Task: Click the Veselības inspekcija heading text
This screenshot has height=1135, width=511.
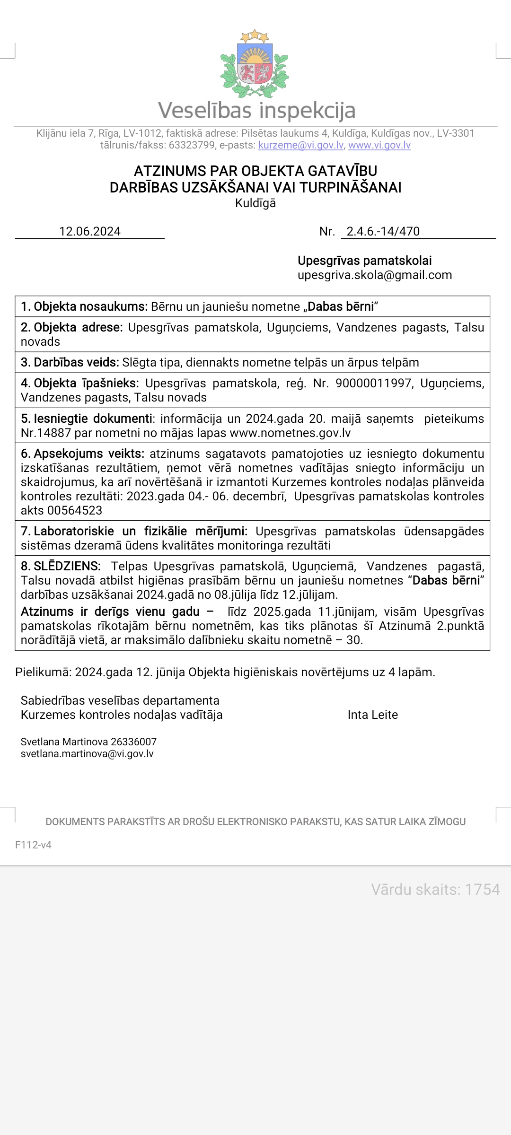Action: (256, 110)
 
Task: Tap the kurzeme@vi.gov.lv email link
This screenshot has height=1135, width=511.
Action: (300, 145)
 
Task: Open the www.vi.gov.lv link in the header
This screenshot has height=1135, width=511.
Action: (379, 145)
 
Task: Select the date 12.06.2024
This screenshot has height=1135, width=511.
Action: (90, 231)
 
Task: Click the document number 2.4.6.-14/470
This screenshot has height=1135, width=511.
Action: (383, 231)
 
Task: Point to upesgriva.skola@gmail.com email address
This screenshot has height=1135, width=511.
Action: (374, 275)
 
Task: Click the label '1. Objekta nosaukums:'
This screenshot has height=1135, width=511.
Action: (84, 306)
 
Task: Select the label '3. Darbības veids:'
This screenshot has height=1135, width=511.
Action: (70, 362)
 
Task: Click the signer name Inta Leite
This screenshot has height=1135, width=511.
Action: (372, 715)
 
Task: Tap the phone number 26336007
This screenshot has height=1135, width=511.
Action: (133, 742)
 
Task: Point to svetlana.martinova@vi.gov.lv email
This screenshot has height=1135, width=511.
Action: (87, 754)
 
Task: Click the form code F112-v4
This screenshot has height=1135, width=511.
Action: (33, 845)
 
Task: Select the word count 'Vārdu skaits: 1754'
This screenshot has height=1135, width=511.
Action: (435, 890)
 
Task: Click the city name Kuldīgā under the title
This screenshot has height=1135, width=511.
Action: (255, 203)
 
